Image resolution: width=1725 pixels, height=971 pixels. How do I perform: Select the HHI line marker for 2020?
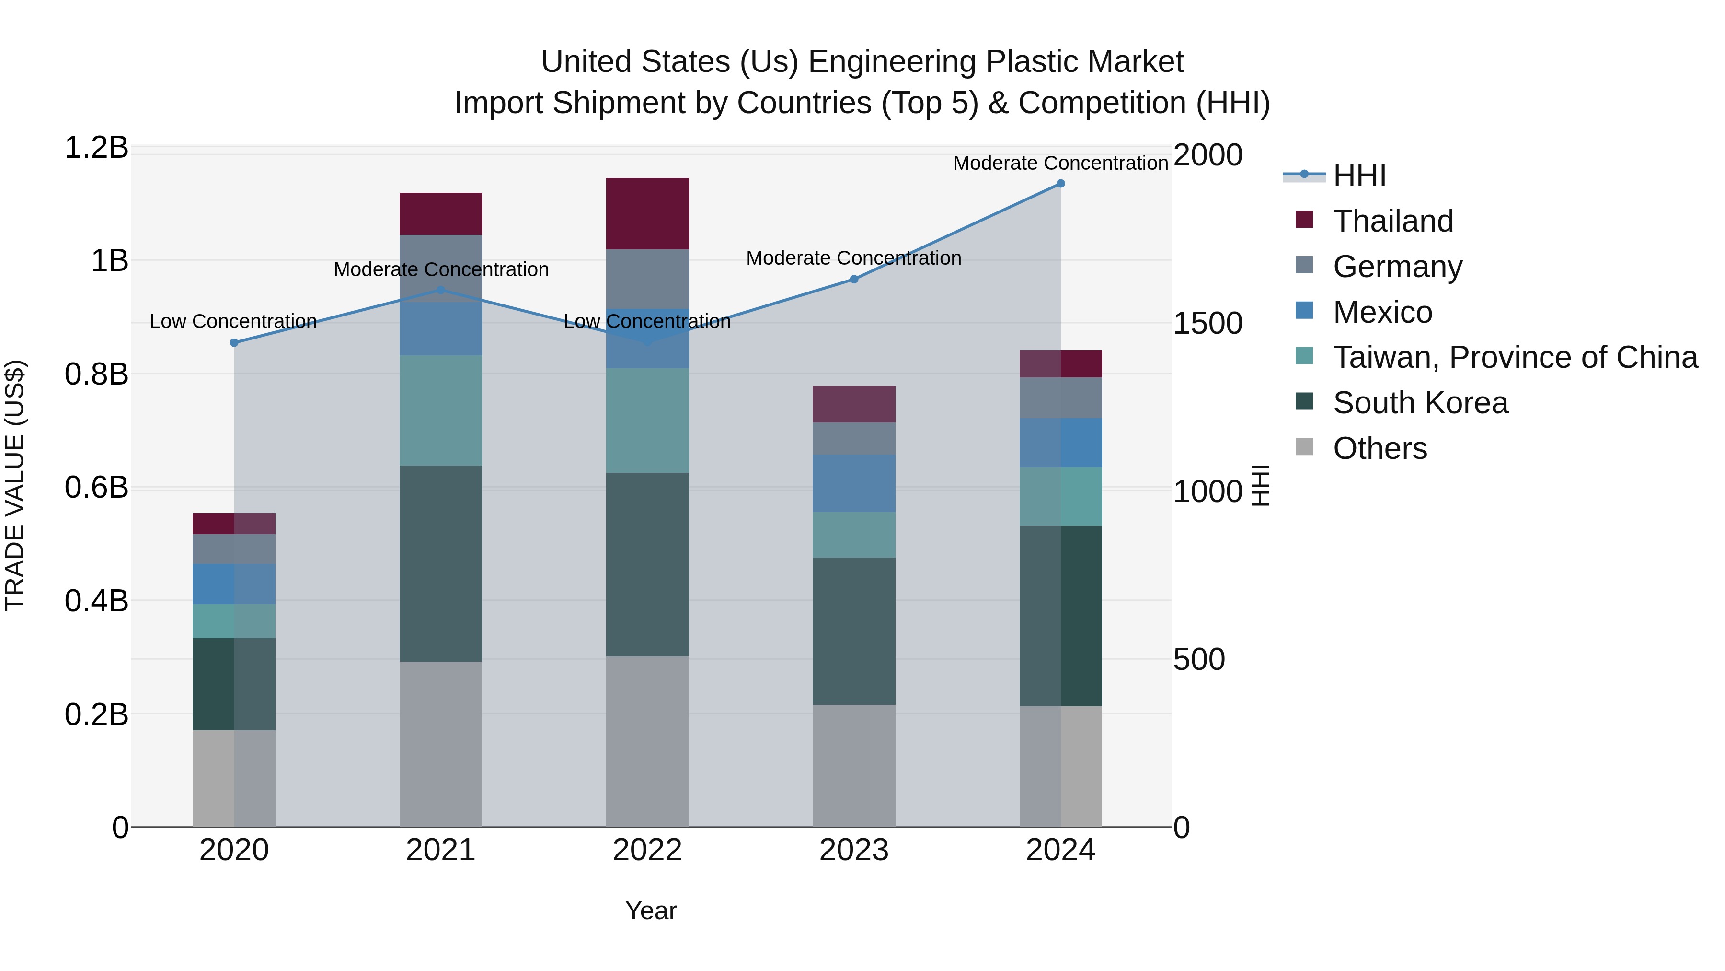(234, 342)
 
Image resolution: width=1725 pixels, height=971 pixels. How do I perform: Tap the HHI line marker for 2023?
(854, 279)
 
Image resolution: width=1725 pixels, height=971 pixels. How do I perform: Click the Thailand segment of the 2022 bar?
(647, 214)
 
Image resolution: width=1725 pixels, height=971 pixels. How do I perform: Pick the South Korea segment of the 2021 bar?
(441, 563)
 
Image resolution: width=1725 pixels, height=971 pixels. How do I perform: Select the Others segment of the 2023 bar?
(854, 765)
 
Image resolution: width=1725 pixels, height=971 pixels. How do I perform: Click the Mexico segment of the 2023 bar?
(854, 483)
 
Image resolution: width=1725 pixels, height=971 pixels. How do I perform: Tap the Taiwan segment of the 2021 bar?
(441, 410)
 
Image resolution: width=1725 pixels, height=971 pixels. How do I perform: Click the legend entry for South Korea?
(1420, 403)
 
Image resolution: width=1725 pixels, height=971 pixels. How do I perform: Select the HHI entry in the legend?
(1359, 175)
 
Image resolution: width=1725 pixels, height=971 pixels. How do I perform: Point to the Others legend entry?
(1380, 448)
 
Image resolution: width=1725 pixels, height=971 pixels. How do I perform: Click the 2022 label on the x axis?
(647, 850)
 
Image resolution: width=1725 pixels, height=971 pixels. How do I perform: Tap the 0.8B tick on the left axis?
(96, 374)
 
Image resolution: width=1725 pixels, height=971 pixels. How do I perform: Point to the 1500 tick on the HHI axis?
(1207, 324)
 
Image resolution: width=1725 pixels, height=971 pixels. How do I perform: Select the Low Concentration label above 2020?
(233, 322)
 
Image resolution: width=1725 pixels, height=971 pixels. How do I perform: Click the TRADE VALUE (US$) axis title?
(15, 485)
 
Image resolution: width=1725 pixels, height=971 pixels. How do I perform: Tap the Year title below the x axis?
(650, 911)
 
